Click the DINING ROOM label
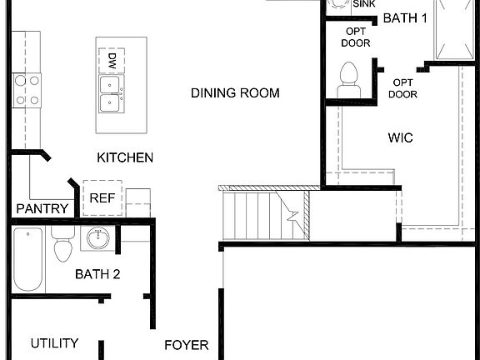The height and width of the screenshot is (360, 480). pyautogui.click(x=235, y=93)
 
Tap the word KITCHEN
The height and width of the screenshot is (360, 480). pyautogui.click(x=125, y=157)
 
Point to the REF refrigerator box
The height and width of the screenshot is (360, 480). pyautogui.click(x=102, y=198)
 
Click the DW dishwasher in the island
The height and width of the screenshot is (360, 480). pyautogui.click(x=112, y=60)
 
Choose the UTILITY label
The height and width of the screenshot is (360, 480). pyautogui.click(x=54, y=342)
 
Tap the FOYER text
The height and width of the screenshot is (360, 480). pyautogui.click(x=186, y=345)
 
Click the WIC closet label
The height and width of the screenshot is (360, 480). pyautogui.click(x=400, y=137)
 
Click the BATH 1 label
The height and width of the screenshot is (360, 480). pyautogui.click(x=404, y=17)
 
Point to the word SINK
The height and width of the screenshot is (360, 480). pyautogui.click(x=364, y=4)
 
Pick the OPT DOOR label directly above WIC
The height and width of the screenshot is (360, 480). pyautogui.click(x=404, y=88)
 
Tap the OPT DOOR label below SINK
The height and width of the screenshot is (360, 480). pyautogui.click(x=356, y=37)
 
